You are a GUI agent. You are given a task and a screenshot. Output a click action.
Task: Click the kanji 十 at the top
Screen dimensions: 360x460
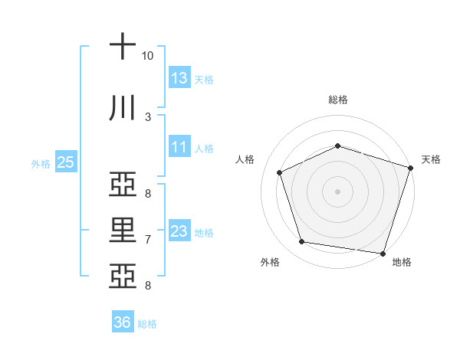pos(122,47)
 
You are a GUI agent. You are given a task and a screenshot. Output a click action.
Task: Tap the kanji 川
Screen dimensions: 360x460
pos(122,108)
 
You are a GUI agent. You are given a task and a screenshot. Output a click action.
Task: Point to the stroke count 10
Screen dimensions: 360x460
pos(148,56)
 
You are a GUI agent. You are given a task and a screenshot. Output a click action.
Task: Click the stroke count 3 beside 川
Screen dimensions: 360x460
pos(148,116)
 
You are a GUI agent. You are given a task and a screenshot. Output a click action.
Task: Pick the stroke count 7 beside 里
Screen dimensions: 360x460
pos(148,240)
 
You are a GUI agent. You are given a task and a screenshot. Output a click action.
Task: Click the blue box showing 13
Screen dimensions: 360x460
pos(179,77)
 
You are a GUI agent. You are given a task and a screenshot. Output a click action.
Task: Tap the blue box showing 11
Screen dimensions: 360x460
pos(179,147)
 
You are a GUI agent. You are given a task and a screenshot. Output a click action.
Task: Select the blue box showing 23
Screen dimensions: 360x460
pos(179,231)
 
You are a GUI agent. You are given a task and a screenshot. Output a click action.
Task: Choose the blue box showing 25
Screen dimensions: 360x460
pos(65,162)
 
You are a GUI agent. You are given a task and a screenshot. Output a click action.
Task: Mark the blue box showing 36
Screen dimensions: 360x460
pos(122,322)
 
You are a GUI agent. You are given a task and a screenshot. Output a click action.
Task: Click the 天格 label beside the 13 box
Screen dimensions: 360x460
pos(204,79)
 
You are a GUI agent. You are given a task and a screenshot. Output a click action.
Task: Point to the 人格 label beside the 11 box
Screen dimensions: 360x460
pos(204,149)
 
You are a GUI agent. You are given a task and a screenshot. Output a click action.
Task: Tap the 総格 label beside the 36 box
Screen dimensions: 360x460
pos(147,324)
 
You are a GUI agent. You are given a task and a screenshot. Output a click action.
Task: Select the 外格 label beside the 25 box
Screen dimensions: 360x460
pos(41,164)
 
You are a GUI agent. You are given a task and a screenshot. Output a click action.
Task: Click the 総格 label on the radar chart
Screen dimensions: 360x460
pos(338,100)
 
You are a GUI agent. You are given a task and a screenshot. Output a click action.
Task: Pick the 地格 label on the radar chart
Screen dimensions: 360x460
pos(402,263)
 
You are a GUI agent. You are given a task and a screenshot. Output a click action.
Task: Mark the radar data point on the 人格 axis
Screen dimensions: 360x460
pos(280,172)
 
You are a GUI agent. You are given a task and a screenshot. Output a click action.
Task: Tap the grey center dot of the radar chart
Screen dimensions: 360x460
pos(338,191)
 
